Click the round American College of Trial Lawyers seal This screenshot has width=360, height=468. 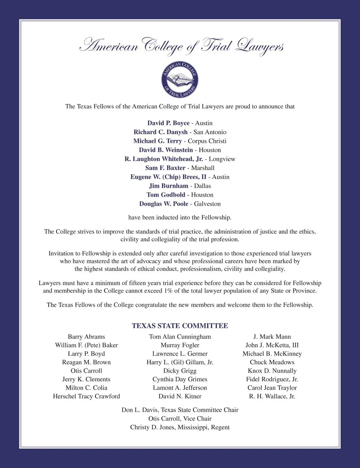click(x=180, y=80)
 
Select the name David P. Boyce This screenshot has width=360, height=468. click(x=168, y=123)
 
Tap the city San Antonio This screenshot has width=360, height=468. click(x=210, y=132)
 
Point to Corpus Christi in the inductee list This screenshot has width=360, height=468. click(x=207, y=141)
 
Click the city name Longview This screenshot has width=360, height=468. click(x=222, y=159)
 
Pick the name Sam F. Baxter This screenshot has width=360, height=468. click(x=165, y=168)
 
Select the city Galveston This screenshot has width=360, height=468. click(x=207, y=204)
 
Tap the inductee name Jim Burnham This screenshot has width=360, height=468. click(x=168, y=186)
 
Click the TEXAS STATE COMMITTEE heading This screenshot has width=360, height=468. click(x=180, y=326)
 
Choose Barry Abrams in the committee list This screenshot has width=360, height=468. click(x=86, y=337)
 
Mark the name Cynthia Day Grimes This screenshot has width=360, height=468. click(x=180, y=379)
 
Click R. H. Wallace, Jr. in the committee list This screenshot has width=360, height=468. click(x=272, y=396)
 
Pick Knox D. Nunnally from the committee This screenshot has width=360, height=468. click(x=272, y=371)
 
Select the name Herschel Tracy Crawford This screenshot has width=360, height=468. click(x=86, y=396)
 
